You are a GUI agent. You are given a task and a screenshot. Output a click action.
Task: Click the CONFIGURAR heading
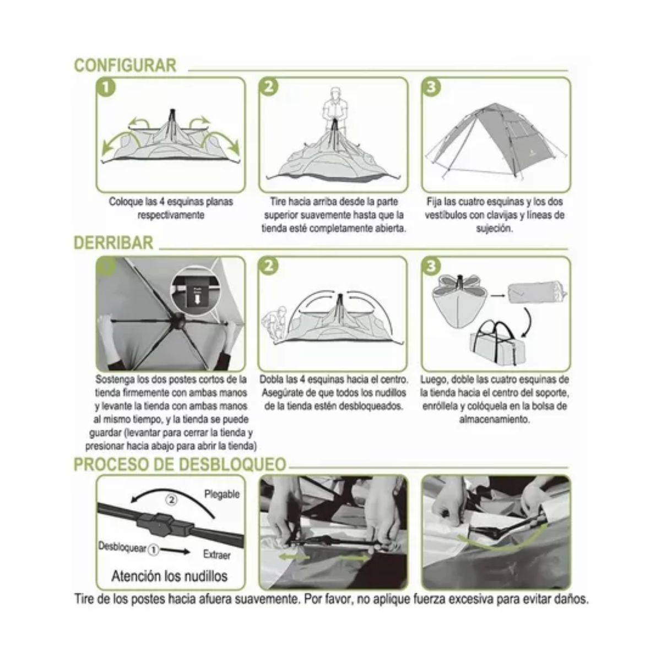pyautogui.click(x=125, y=65)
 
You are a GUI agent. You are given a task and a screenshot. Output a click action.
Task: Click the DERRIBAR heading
pyautogui.click(x=113, y=243)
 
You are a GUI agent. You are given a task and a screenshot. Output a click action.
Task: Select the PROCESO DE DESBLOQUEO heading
pyautogui.click(x=180, y=464)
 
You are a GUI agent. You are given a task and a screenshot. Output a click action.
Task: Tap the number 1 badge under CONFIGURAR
pyautogui.click(x=106, y=88)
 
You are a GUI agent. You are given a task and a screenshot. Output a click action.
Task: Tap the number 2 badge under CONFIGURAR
pyautogui.click(x=269, y=88)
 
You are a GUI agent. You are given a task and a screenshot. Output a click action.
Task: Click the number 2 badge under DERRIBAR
pyautogui.click(x=269, y=267)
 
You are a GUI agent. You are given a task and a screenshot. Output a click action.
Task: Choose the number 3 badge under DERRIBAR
pyautogui.click(x=431, y=267)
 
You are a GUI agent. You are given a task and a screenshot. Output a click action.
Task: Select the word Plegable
pyautogui.click(x=222, y=494)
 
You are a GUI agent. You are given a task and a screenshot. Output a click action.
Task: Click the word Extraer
pyautogui.click(x=216, y=555)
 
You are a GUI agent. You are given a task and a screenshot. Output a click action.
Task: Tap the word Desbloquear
pyautogui.click(x=122, y=548)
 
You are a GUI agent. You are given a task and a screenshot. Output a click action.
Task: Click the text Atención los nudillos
pyautogui.click(x=169, y=576)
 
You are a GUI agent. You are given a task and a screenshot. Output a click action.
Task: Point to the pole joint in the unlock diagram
pyautogui.click(x=160, y=524)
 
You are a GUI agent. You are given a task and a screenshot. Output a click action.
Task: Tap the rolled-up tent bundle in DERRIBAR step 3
pyautogui.click(x=534, y=292)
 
